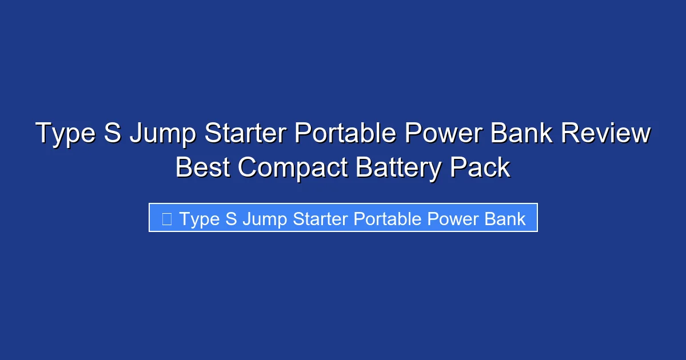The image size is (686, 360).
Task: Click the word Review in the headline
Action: click(x=605, y=134)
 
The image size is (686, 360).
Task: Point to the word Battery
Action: click(x=398, y=167)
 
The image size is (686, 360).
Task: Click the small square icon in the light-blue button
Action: click(x=167, y=218)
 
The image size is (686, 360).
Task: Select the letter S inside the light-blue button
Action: click(x=231, y=218)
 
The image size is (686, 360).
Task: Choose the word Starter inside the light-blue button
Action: click(x=320, y=218)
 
